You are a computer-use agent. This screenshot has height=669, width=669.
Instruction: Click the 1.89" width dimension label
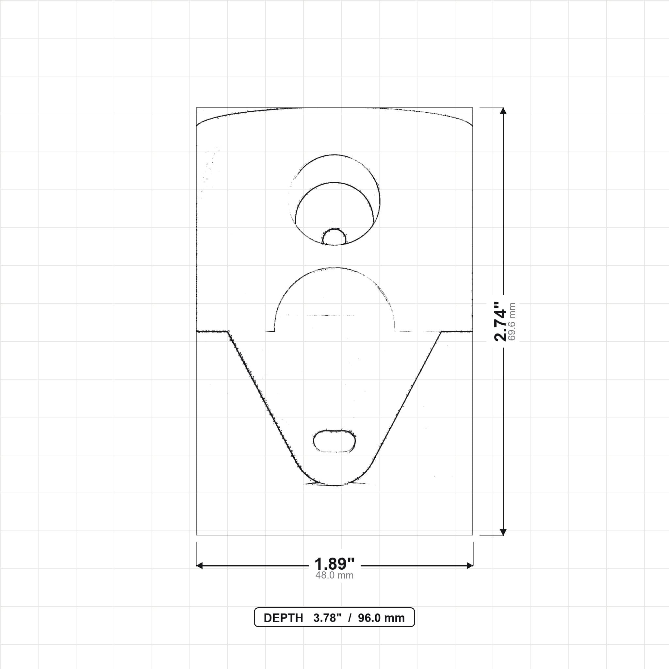click(x=334, y=564)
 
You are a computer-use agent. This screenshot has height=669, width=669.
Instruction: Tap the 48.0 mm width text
click(x=334, y=576)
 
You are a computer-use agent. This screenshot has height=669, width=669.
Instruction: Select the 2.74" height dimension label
click(x=500, y=321)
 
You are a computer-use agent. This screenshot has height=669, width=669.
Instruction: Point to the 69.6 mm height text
click(x=512, y=322)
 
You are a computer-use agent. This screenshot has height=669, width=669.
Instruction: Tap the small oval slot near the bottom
click(x=334, y=441)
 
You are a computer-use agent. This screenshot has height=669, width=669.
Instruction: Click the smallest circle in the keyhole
click(x=334, y=237)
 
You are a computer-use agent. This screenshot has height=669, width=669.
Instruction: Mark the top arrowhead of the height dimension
click(x=503, y=111)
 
